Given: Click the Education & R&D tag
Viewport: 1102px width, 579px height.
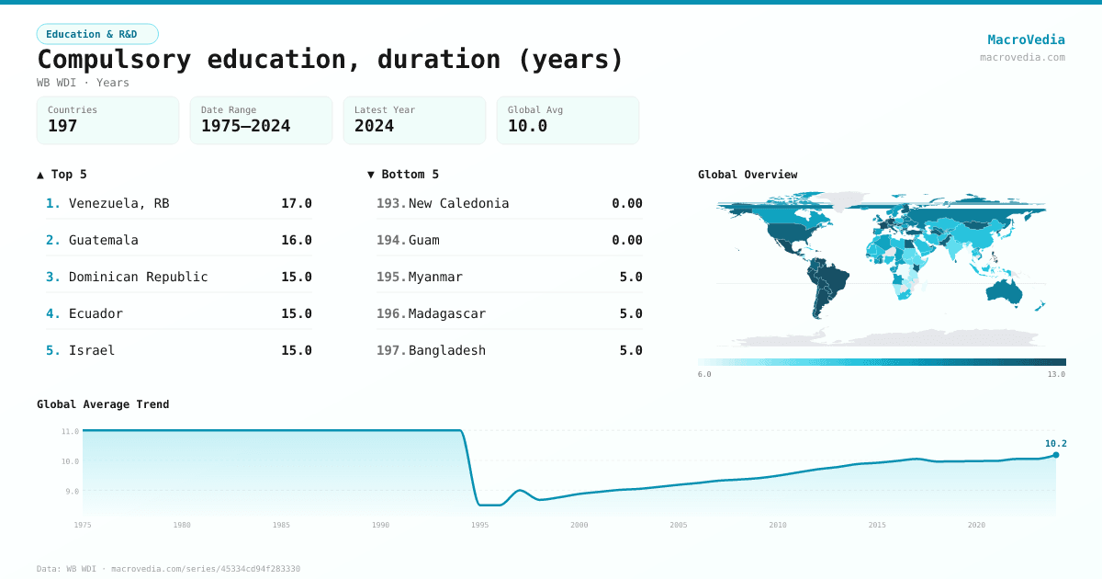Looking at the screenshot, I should pyautogui.click(x=97, y=34).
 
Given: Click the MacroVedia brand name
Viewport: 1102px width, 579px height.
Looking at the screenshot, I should pyautogui.click(x=1026, y=40).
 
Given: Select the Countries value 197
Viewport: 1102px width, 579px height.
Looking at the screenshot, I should pyautogui.click(x=62, y=126).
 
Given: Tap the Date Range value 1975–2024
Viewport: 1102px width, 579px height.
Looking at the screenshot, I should pyautogui.click(x=245, y=126).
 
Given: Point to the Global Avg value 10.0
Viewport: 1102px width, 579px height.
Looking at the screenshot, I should pyautogui.click(x=527, y=126).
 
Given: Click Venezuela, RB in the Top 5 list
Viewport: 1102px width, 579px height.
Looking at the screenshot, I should pyautogui.click(x=118, y=203).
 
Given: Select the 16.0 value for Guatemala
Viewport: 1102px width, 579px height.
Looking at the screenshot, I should pyautogui.click(x=296, y=240).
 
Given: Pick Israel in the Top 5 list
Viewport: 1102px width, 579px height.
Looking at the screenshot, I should pyautogui.click(x=92, y=350).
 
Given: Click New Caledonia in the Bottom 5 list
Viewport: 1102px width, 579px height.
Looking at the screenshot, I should pyautogui.click(x=458, y=203).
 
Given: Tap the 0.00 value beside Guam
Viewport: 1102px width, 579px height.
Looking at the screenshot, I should pyautogui.click(x=626, y=240).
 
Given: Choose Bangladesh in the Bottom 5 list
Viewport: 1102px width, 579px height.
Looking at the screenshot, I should pyautogui.click(x=446, y=350).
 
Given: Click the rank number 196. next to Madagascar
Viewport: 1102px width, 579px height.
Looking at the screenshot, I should pyautogui.click(x=390, y=313).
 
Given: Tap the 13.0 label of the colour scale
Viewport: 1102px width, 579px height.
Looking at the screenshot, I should pyautogui.click(x=1056, y=374).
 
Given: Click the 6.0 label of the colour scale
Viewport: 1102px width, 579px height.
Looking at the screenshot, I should pyautogui.click(x=704, y=374).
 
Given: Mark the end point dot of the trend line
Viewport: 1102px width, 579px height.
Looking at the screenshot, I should pyautogui.click(x=1056, y=455).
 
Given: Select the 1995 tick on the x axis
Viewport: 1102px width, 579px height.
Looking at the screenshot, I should pyautogui.click(x=479, y=525).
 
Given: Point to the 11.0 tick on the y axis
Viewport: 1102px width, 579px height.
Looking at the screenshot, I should pyautogui.click(x=70, y=431).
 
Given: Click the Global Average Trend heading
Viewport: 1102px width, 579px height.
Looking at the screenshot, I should pyautogui.click(x=103, y=404).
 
